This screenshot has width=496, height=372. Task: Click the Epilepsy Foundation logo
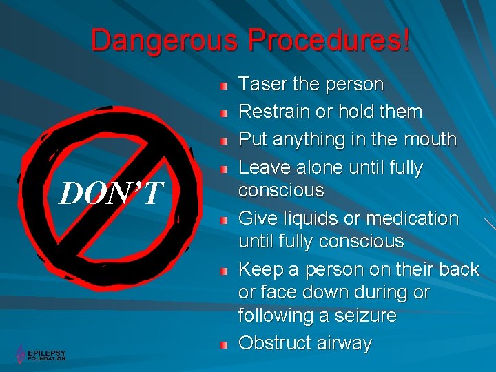point(41,354)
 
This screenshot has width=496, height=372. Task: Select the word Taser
point(261,85)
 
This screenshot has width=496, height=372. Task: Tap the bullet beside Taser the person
point(224,86)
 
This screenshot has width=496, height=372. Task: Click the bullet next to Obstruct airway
point(224,344)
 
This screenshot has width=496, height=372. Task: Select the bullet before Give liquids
point(224,220)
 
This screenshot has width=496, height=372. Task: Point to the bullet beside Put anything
point(224,141)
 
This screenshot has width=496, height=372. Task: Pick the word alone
point(315,167)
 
